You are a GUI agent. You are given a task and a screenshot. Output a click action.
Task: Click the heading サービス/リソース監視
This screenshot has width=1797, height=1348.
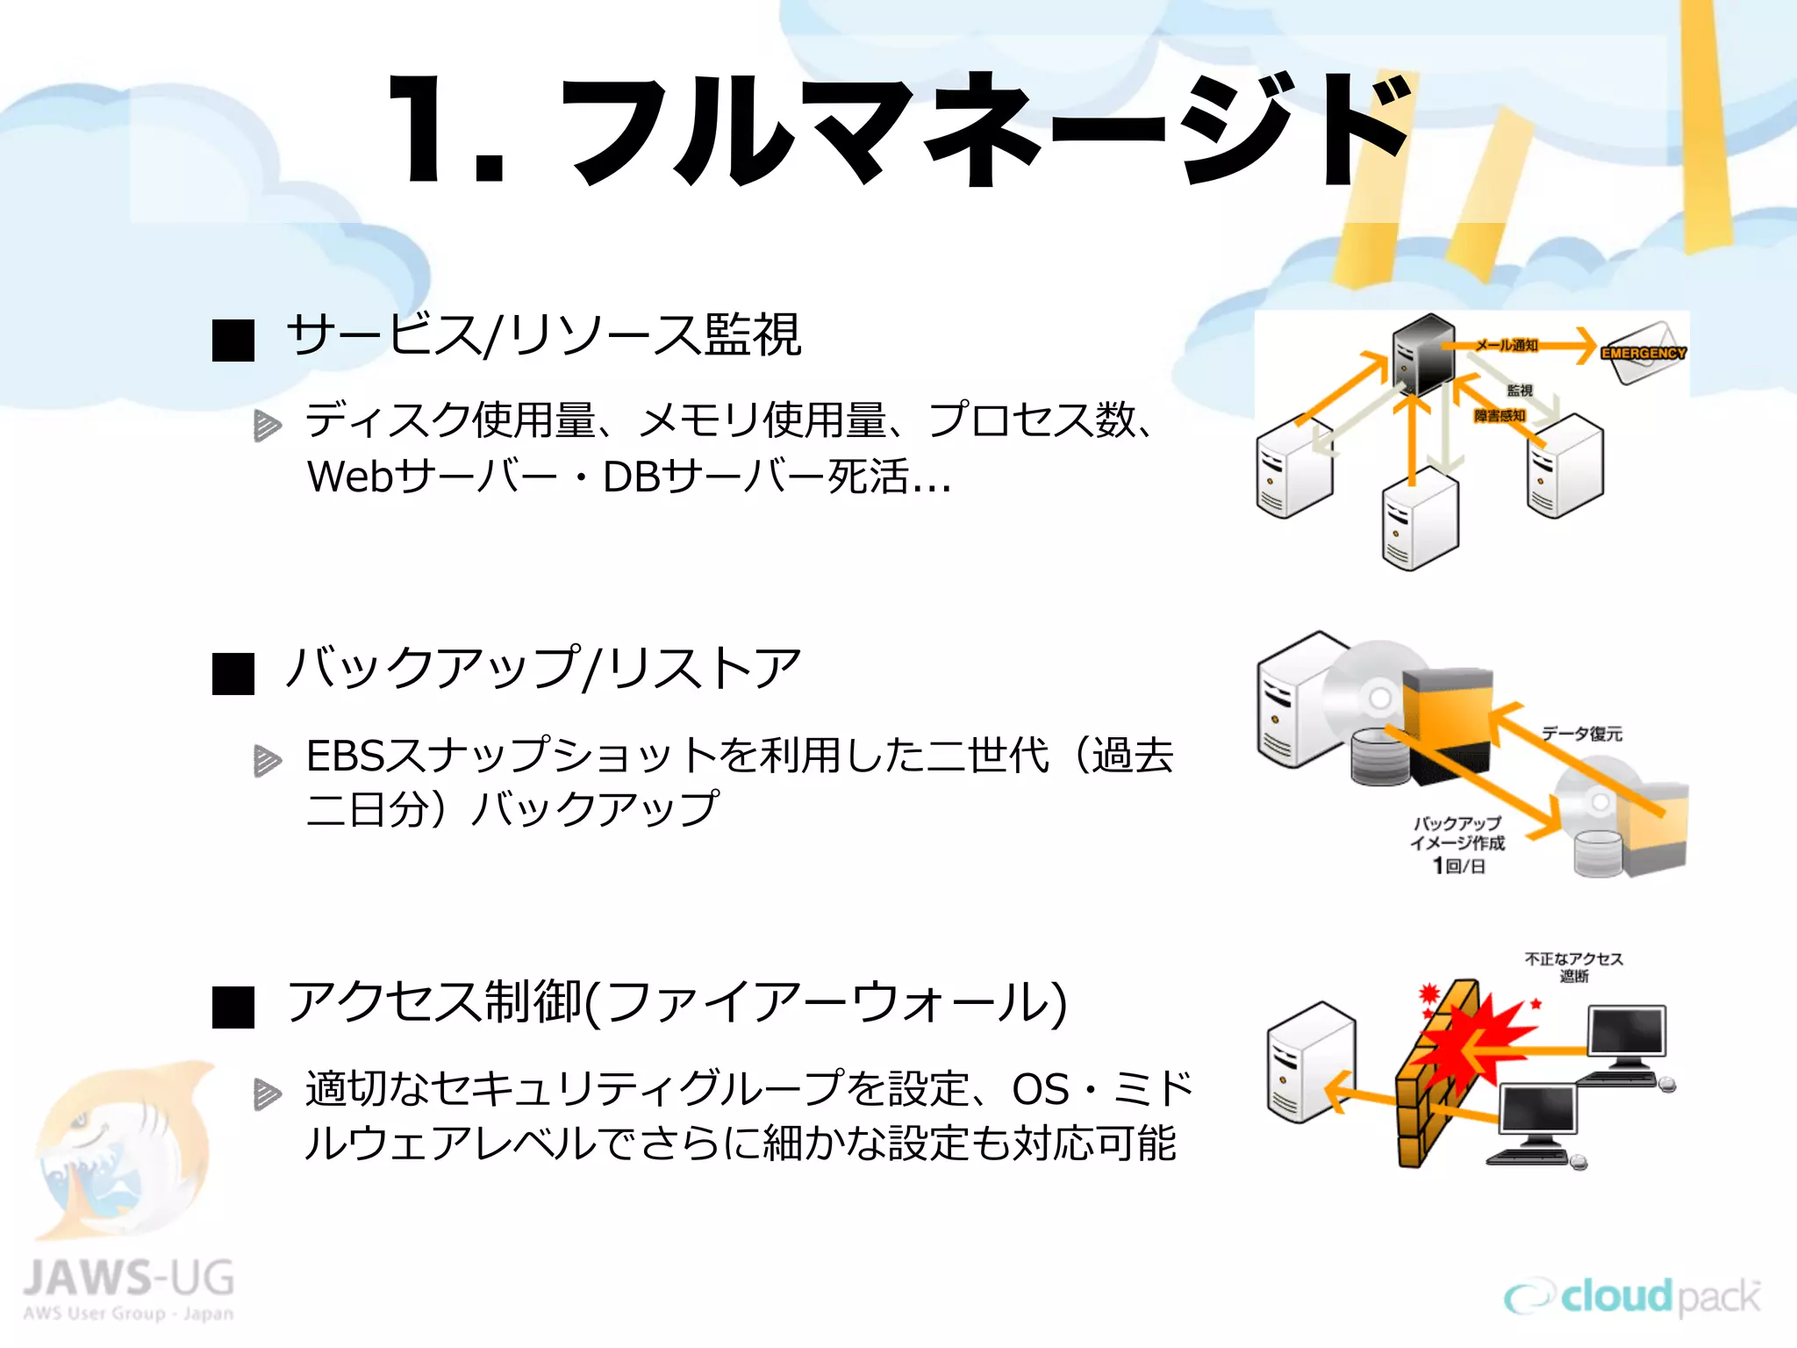pos(543,335)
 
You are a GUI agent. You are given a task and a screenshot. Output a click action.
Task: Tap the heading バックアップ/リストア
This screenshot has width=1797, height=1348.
pos(543,669)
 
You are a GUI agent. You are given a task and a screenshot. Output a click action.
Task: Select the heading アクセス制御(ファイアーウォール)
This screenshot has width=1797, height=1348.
pos(676,1002)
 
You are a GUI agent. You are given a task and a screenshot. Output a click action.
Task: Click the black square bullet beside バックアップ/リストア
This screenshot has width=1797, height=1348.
pos(233,673)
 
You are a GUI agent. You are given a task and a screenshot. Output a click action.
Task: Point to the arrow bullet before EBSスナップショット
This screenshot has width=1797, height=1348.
pos(267,760)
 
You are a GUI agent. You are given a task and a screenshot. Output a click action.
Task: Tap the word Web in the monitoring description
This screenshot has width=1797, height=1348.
pos(349,477)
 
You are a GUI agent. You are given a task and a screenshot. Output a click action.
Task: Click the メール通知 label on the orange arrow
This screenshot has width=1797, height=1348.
pos(1507,345)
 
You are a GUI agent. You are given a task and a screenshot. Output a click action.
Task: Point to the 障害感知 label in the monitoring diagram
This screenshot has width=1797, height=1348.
pos(1500,415)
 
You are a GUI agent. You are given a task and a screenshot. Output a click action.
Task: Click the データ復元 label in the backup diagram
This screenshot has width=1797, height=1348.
pos(1582,734)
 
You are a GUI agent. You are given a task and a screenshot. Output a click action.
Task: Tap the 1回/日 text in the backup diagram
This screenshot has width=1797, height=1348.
pos(1458,866)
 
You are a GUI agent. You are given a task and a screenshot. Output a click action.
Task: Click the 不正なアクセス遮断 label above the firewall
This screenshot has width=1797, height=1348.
pos(1573,967)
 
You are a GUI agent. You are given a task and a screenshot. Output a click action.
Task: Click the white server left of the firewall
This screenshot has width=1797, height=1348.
pos(1311,1062)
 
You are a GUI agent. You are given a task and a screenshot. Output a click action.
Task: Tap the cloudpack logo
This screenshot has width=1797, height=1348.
pos(1632,1297)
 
